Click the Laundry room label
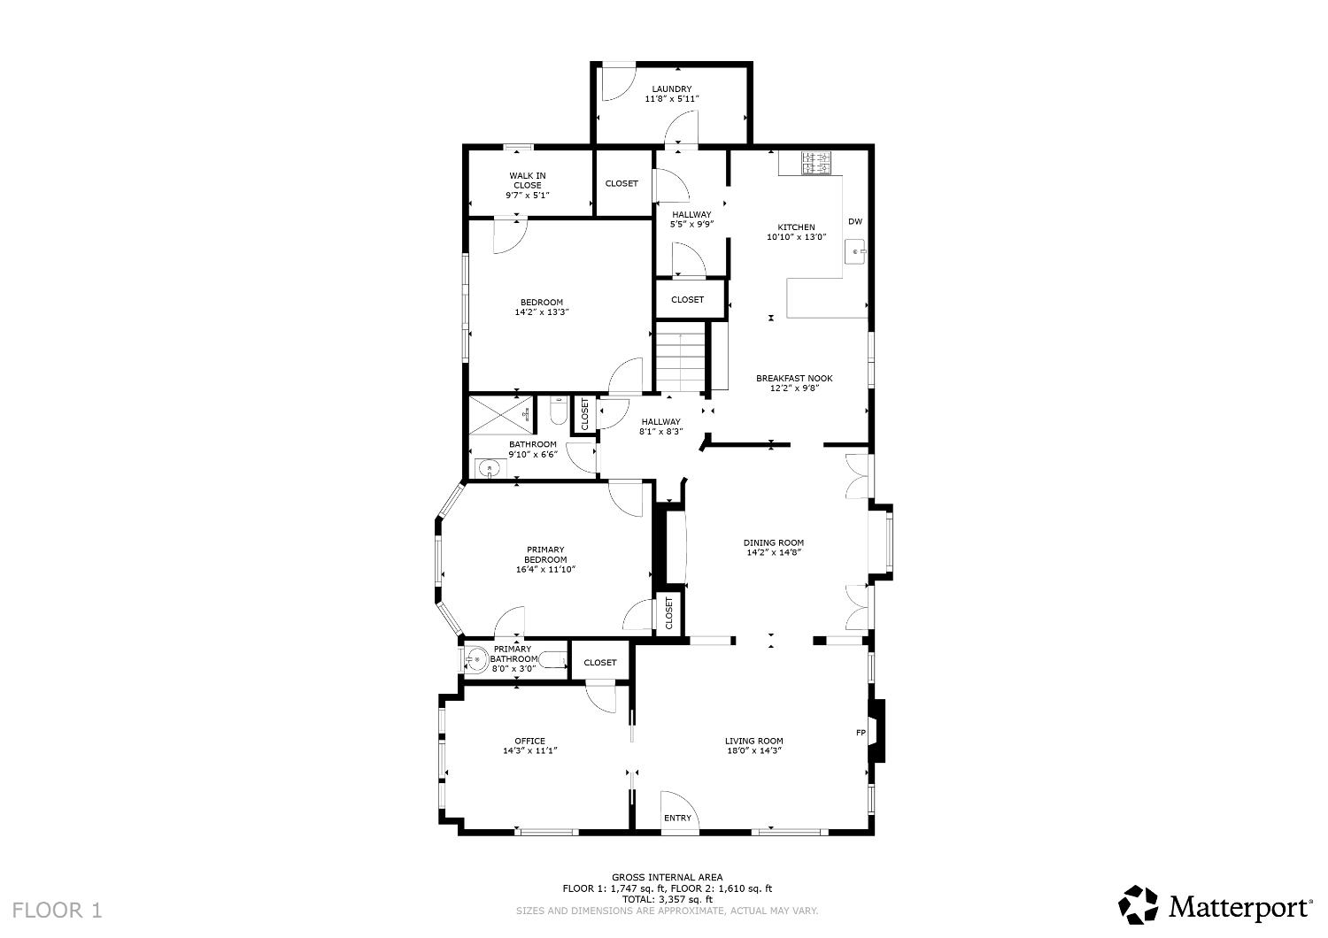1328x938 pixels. (671, 89)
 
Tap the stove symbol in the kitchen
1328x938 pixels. (816, 163)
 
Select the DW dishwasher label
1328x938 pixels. (854, 221)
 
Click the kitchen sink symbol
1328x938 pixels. (856, 252)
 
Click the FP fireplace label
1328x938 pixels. (860, 733)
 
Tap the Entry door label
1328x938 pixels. (677, 818)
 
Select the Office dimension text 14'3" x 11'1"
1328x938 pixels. (529, 750)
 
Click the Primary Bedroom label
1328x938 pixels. (545, 554)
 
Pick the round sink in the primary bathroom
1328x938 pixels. (476, 659)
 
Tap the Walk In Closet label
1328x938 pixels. (527, 181)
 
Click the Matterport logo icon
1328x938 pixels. (1138, 905)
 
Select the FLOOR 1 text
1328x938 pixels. (58, 909)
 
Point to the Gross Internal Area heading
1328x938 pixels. (667, 877)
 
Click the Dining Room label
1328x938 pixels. (774, 542)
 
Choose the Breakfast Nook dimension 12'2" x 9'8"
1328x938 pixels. (793, 388)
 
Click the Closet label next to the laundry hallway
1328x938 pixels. (622, 183)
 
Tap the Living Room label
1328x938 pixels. (753, 741)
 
